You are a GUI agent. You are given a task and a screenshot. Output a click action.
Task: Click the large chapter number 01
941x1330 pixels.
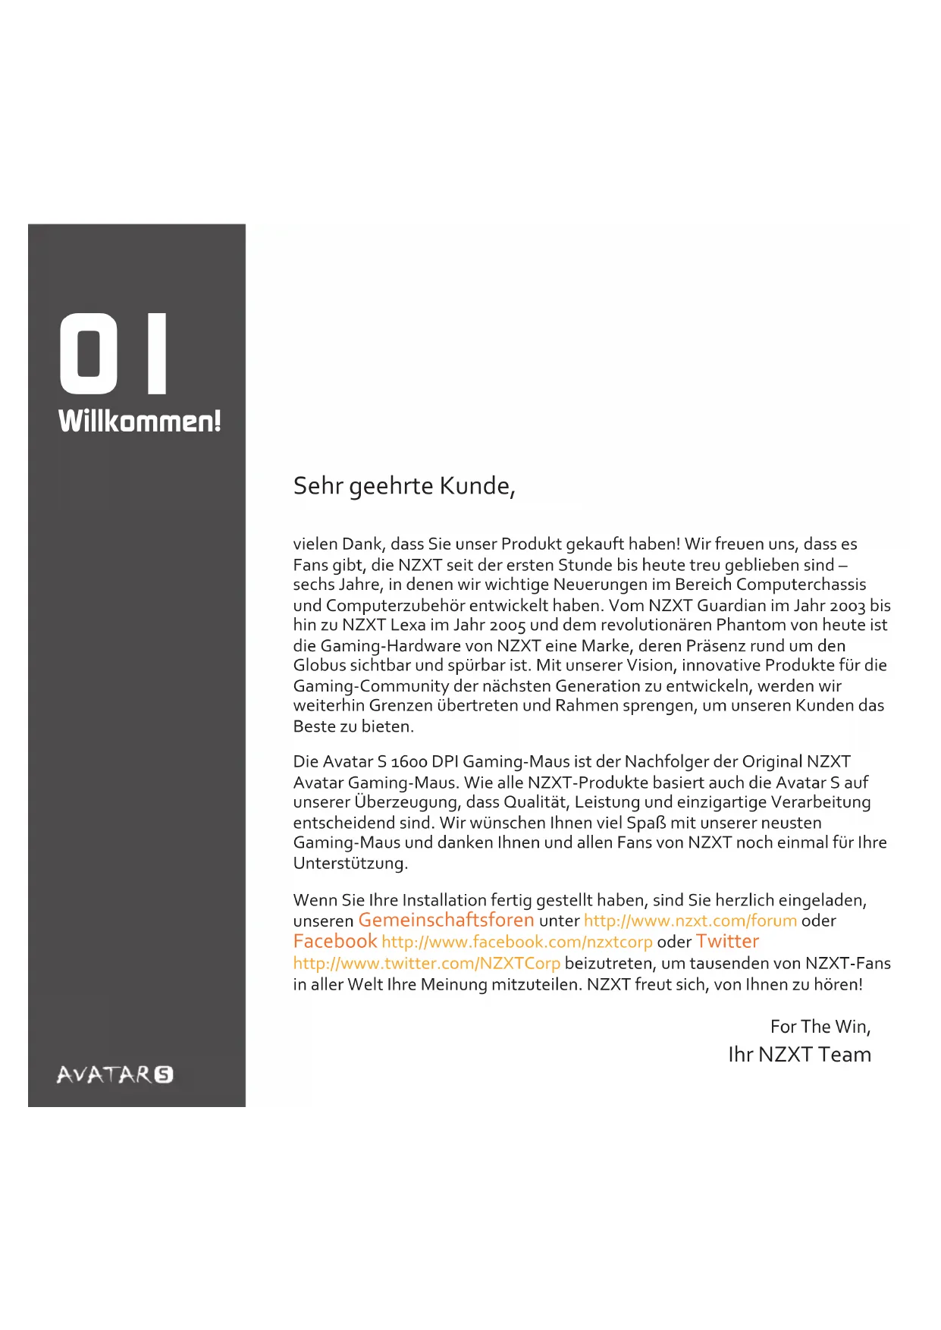pos(114,353)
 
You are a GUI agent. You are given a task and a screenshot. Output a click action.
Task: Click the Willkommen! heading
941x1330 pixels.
pos(140,421)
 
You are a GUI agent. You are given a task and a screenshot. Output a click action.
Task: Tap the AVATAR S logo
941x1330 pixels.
pos(114,1074)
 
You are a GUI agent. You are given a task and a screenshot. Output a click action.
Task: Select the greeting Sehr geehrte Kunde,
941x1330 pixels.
pos(404,486)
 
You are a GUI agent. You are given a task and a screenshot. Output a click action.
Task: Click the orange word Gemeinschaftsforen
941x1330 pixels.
pos(446,921)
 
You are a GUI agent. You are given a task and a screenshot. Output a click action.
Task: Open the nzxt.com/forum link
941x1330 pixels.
pos(690,921)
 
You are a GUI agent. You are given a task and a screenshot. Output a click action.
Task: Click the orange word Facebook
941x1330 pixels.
pos(334,942)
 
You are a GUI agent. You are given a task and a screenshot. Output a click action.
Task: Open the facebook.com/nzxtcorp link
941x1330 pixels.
pos(516,943)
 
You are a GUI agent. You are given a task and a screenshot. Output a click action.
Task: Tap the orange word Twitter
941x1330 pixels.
pos(727,942)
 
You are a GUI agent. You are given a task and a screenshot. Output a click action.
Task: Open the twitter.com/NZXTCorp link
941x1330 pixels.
pos(426,964)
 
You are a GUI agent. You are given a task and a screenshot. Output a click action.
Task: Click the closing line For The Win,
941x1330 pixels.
pos(820,1027)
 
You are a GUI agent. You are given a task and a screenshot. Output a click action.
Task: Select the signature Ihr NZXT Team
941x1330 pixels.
pos(799,1055)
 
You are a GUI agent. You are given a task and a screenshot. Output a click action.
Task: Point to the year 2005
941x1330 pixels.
pos(507,626)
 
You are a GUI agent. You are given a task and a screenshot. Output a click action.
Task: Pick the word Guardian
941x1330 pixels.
pos(732,606)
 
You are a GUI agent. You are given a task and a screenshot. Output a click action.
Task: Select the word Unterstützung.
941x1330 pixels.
pos(350,864)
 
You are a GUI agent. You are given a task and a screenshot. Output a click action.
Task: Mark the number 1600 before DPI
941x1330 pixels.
pos(409,762)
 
